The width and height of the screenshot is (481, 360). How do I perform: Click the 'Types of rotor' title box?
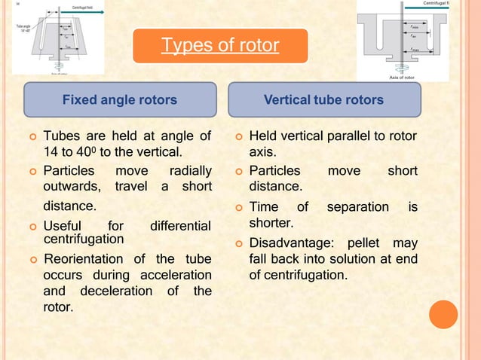click(x=220, y=46)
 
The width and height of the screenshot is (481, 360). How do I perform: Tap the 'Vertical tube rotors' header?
click(x=323, y=99)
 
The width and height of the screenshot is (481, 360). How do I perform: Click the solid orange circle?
click(x=443, y=315)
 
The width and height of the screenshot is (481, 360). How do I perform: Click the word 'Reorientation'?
click(x=84, y=260)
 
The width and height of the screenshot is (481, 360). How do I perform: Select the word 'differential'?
click(x=180, y=225)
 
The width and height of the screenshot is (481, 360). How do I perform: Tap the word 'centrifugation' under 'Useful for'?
click(x=84, y=239)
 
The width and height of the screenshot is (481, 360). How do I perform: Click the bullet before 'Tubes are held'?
click(x=30, y=137)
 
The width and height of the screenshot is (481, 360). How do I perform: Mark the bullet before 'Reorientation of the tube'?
click(x=30, y=261)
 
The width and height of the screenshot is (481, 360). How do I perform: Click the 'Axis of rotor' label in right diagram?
click(x=401, y=77)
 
